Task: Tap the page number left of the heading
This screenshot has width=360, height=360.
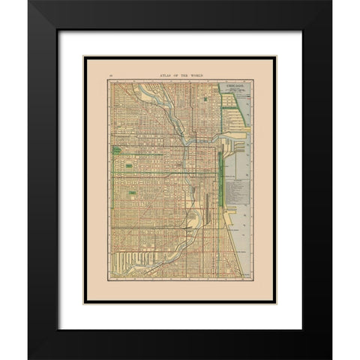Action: tap(110, 76)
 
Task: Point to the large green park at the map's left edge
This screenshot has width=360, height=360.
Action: tap(116, 151)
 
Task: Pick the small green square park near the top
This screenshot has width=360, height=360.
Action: tap(206, 97)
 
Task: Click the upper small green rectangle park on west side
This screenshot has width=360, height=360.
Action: tap(129, 165)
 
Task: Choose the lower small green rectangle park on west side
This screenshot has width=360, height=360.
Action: tap(133, 193)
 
